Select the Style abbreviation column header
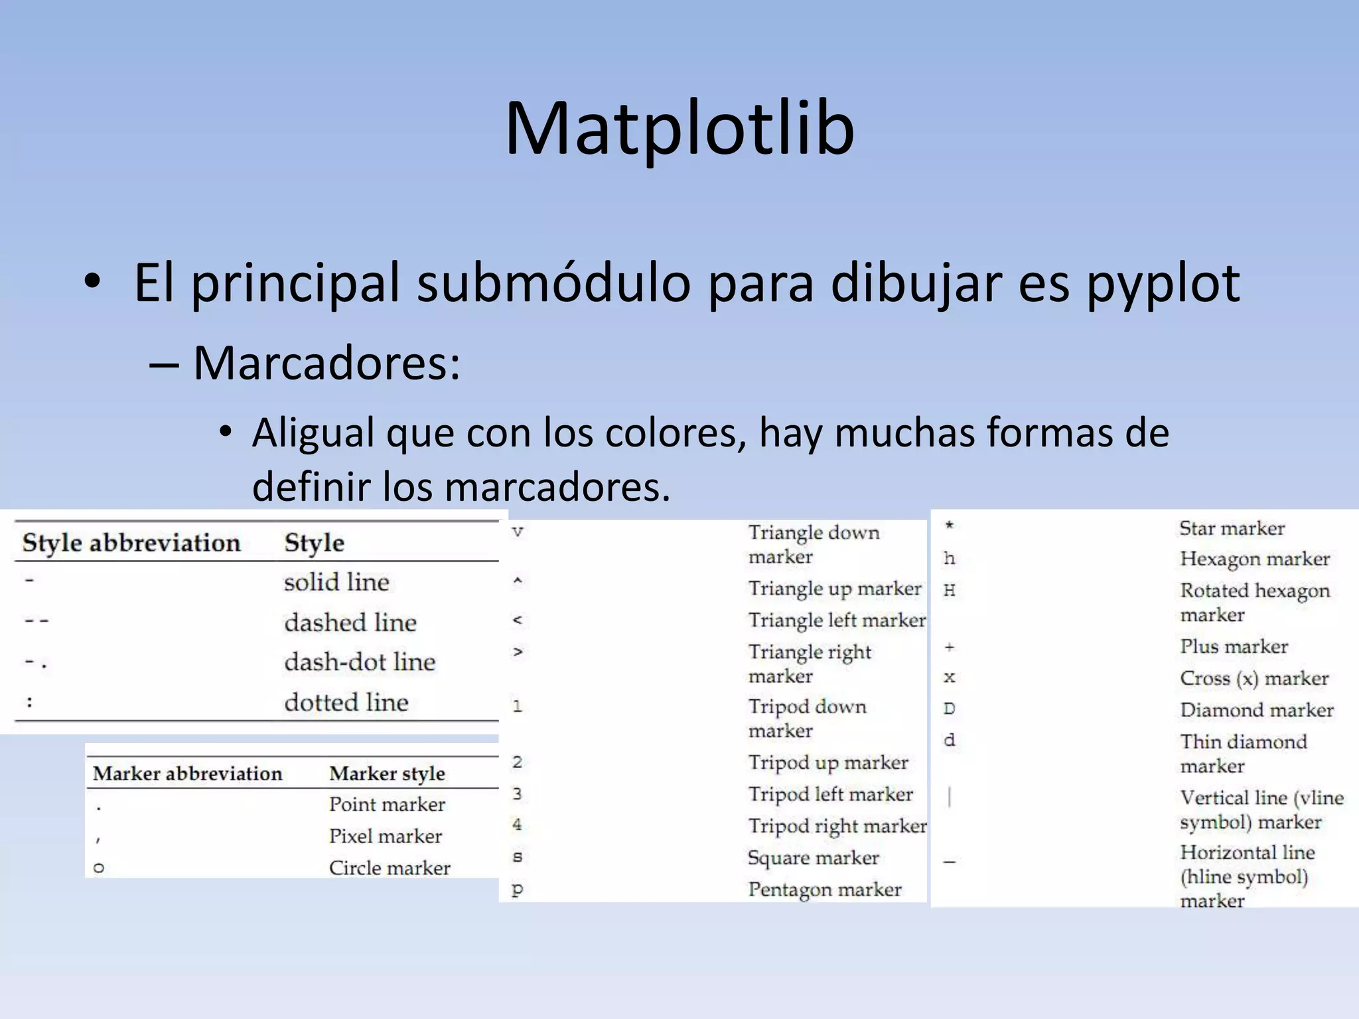131,543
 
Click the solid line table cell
336,582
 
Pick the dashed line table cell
350,622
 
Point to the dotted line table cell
346,702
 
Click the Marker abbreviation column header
187,774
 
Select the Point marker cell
387,804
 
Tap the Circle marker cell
390,868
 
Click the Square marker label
813,858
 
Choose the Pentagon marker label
825,890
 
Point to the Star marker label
1232,528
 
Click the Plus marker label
1234,646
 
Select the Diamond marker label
1256,710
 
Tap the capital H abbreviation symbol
950,590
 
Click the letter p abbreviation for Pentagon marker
518,890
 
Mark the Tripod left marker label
830,794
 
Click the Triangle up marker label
834,588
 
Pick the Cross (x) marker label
1254,678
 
